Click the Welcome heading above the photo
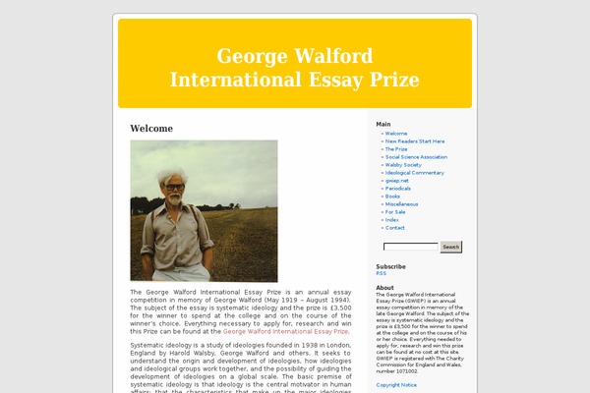pos(151,129)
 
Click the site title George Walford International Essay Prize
pos(294,68)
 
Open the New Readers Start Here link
pos(414,140)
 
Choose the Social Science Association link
pos(416,156)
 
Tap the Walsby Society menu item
pos(403,164)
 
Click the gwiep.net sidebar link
pos(397,180)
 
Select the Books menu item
pos(392,196)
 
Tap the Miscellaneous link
pos(402,203)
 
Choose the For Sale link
pos(395,211)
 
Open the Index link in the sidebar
pos(392,219)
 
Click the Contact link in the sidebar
pos(395,227)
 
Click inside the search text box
pos(410,247)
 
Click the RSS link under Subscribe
pos(381,273)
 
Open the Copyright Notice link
pos(396,385)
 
